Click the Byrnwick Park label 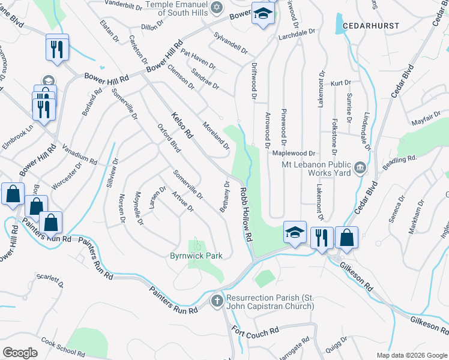click(x=196, y=256)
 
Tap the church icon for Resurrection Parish click(x=217, y=299)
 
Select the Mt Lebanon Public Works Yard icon click(x=361, y=166)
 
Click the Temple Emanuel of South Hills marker click(x=217, y=8)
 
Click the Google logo click(x=20, y=352)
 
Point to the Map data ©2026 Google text click(x=411, y=355)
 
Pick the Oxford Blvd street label click(x=169, y=138)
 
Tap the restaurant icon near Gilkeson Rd click(x=322, y=237)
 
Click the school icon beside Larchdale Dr click(x=262, y=14)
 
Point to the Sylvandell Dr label click(x=231, y=42)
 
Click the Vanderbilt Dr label click(x=122, y=4)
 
